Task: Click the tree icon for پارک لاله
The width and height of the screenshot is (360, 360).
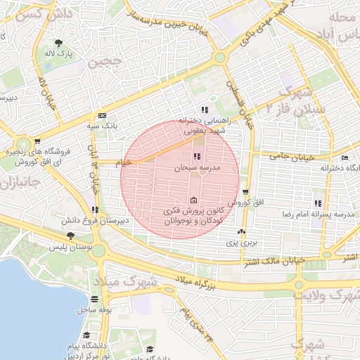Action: tap(67, 44)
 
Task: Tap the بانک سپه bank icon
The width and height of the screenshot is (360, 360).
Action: tap(103, 115)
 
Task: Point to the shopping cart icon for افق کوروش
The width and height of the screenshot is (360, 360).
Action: tap(245, 192)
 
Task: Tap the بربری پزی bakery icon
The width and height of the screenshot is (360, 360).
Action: tap(242, 231)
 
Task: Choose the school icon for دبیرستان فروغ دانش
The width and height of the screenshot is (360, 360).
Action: tap(95, 210)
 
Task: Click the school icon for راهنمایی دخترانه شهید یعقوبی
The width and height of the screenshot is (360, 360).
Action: tap(205, 110)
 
